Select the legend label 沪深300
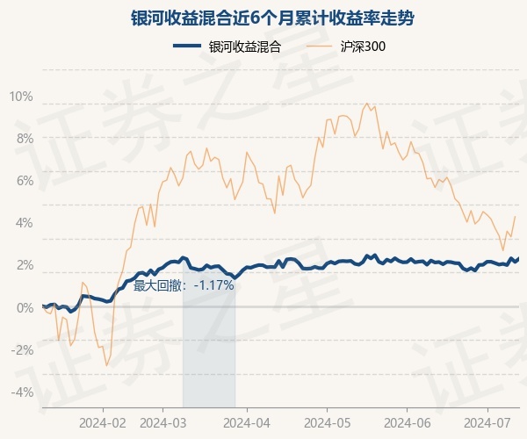[x=363, y=47]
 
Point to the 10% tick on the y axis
[x=21, y=97]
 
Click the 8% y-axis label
[x=24, y=139]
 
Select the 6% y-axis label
[x=24, y=181]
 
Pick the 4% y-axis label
[x=24, y=223]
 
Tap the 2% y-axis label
[x=24, y=265]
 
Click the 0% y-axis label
[x=24, y=307]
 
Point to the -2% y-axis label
[x=22, y=349]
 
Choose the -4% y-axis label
[x=22, y=392]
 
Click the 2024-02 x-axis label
[x=103, y=422]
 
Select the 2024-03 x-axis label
[x=164, y=422]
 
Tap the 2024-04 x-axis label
[x=247, y=422]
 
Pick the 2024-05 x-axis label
[x=327, y=422]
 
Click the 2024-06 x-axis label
[x=408, y=422]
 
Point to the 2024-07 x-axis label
[x=487, y=422]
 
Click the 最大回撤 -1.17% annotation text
[x=184, y=285]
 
